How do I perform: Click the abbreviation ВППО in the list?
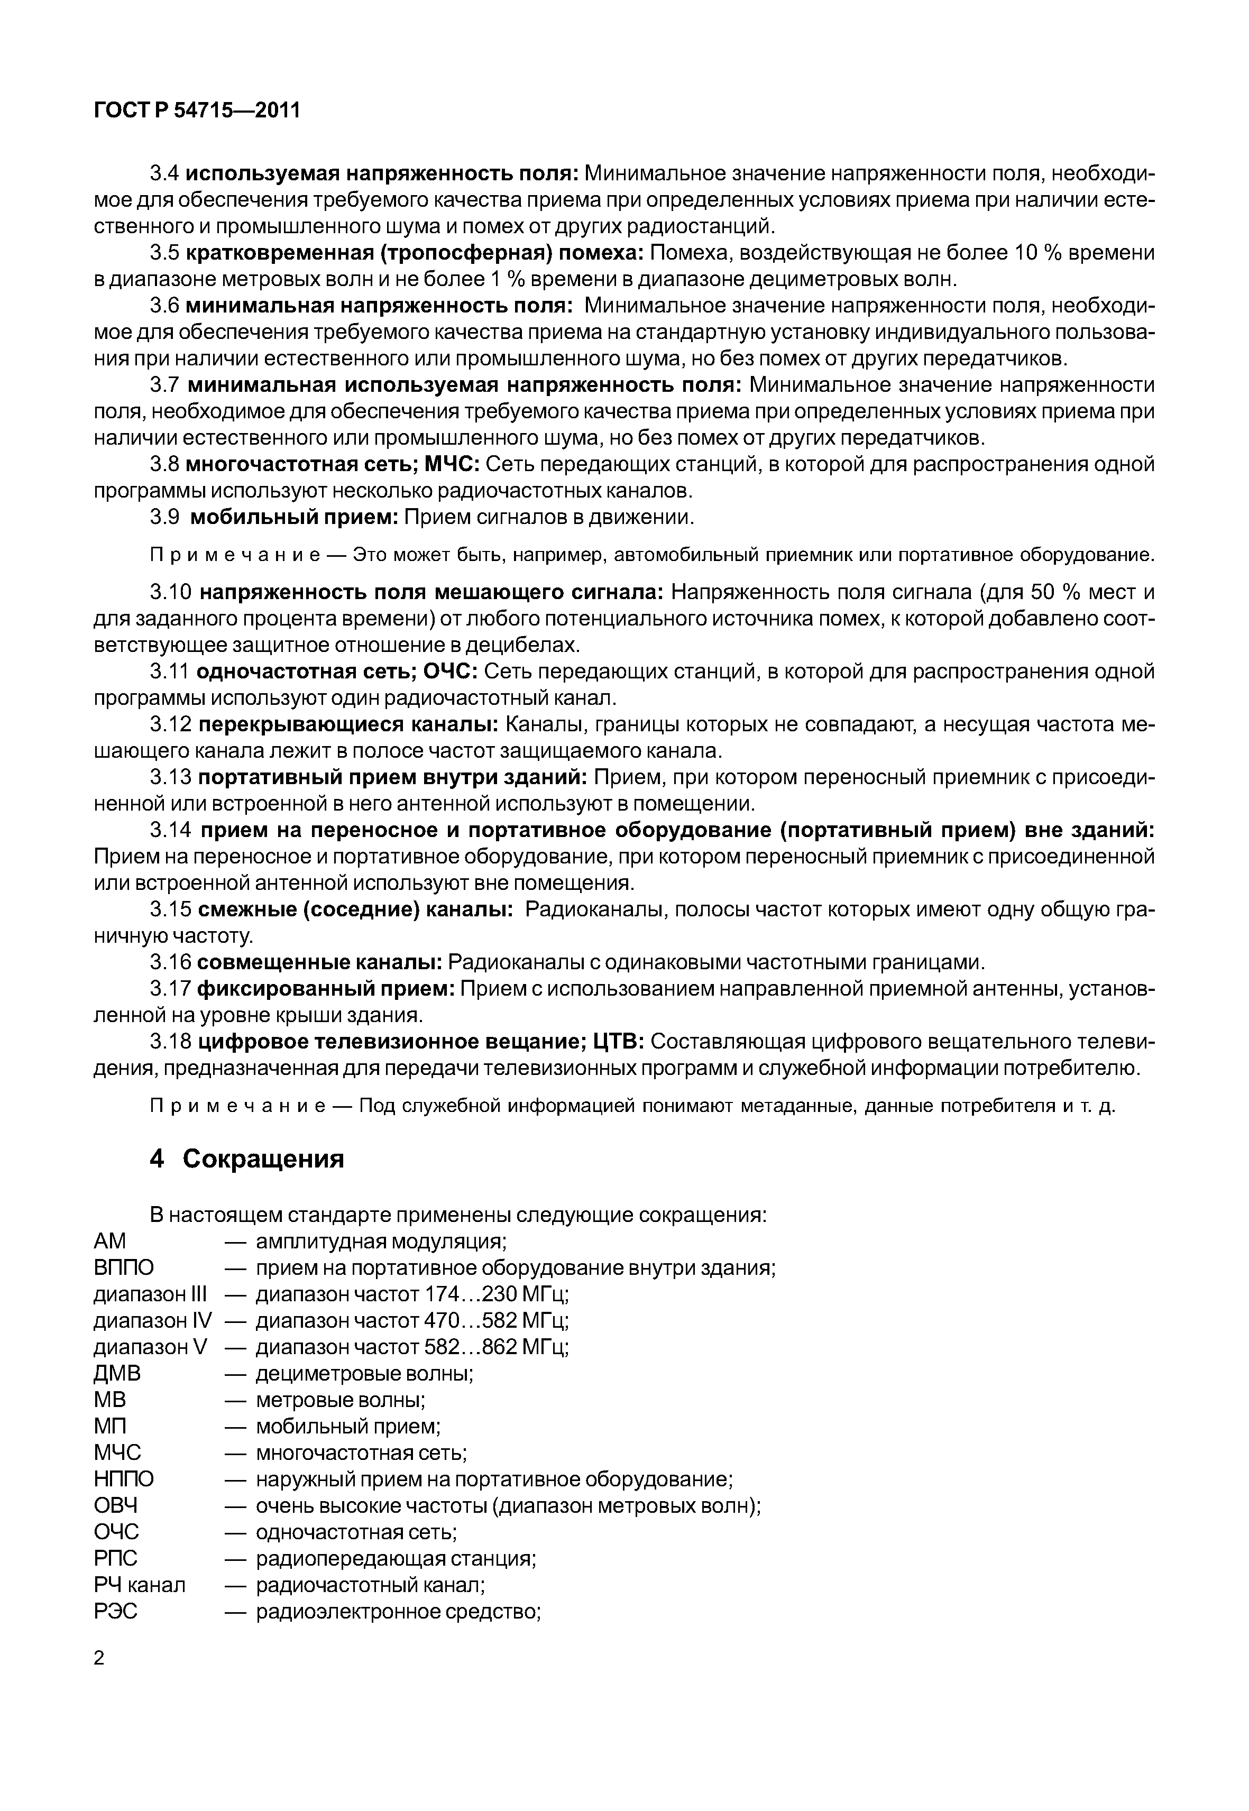[x=124, y=1267]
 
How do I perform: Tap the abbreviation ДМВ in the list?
[x=117, y=1373]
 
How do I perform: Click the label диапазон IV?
[x=153, y=1320]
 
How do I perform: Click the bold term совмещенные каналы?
[x=320, y=962]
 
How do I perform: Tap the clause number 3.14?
[x=171, y=830]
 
